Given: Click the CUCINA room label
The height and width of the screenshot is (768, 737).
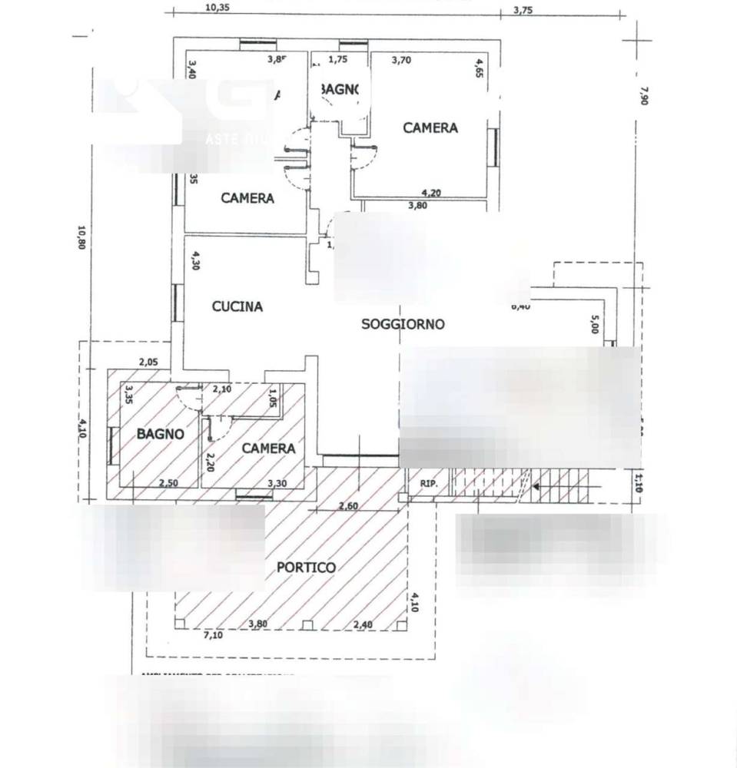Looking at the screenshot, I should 237,306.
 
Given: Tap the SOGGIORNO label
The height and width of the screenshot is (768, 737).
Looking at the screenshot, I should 403,324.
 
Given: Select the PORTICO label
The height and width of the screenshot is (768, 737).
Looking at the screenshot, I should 306,568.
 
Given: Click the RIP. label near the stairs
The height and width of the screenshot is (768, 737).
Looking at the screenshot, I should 428,484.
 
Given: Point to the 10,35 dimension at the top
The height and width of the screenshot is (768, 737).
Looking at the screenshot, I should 219,8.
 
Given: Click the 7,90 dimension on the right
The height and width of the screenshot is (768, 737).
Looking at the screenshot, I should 643,95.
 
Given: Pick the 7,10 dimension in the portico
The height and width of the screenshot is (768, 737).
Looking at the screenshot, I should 213,635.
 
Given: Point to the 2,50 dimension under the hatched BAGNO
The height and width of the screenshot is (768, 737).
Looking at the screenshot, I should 169,483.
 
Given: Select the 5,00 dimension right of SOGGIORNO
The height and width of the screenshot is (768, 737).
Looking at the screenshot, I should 593,325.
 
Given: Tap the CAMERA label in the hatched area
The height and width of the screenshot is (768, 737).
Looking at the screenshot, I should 268,449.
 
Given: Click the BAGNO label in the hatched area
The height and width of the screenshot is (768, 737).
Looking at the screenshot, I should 161,434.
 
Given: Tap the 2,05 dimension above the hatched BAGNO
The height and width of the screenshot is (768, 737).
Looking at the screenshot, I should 148,362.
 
